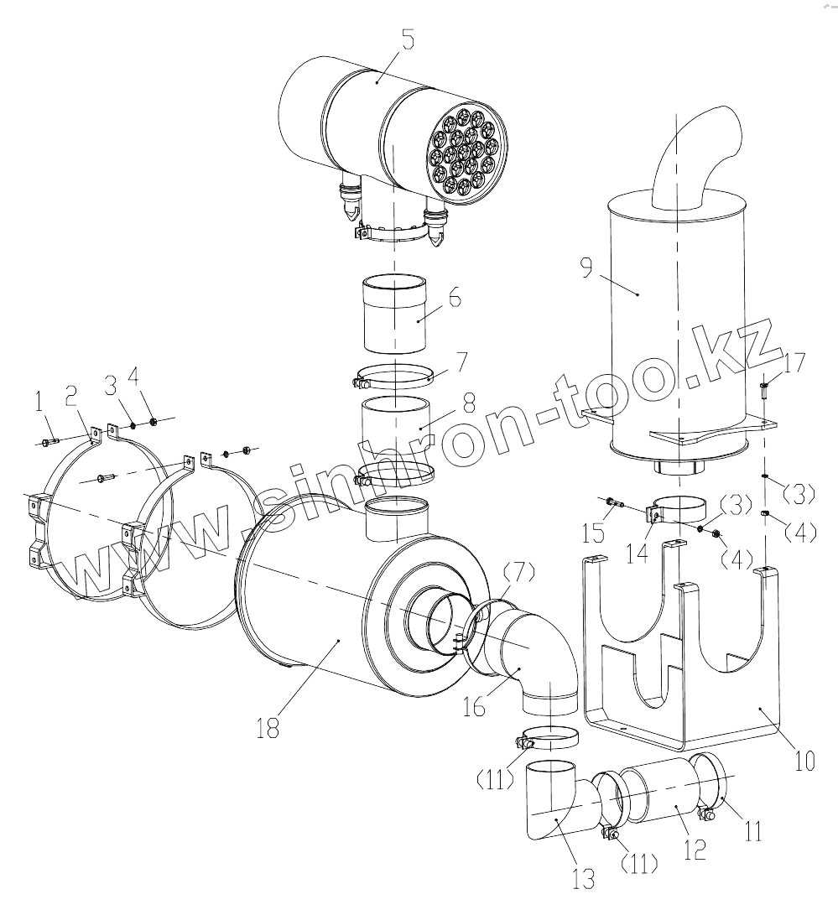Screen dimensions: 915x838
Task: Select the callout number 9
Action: point(586,268)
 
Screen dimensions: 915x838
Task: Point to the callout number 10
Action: point(804,761)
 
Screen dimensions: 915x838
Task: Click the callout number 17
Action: point(795,364)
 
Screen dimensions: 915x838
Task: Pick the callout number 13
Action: point(583,878)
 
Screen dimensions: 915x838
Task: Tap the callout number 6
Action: point(454,296)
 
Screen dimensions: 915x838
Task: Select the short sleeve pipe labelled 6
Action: point(394,317)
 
